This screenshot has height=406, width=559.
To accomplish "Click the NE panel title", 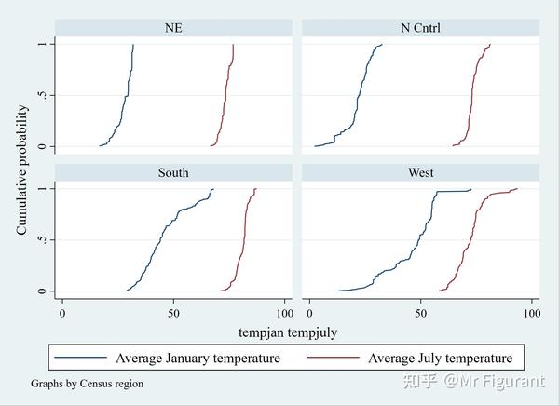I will click(172, 28).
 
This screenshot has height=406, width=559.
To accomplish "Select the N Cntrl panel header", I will click(420, 28).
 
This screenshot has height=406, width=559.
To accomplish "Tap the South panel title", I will click(172, 172).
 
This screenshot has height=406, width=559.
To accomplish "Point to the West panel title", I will click(420, 172).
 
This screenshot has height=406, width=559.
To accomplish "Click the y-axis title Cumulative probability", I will click(21, 169).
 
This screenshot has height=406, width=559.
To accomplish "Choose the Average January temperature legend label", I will click(198, 358).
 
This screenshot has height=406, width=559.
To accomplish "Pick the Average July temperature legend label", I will click(440, 358).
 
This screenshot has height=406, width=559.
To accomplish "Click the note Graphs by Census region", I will click(87, 384).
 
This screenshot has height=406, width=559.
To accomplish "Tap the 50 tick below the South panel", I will click(173, 314).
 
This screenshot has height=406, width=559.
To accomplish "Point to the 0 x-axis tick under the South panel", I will click(62, 314).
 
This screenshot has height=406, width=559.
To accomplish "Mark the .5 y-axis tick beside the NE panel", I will click(42, 96).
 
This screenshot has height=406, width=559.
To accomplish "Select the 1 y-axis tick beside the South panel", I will click(42, 189).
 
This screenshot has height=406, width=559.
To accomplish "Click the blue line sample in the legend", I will click(81, 358).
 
